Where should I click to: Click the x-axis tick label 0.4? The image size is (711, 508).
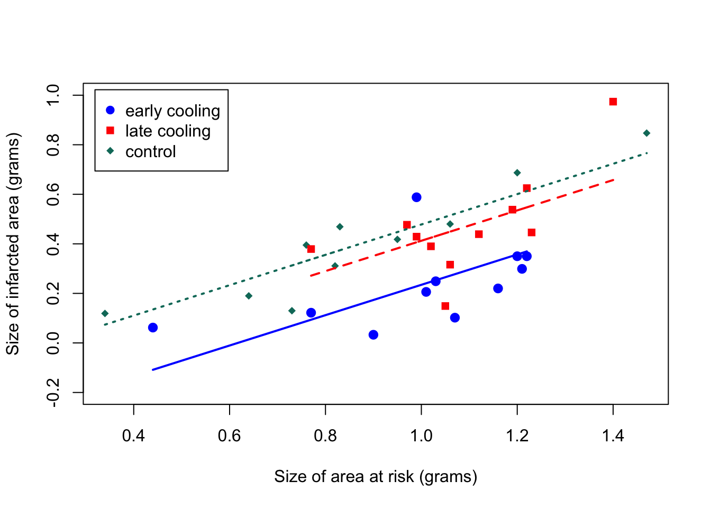pyautogui.click(x=133, y=436)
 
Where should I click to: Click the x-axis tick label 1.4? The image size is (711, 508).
pyautogui.click(x=613, y=436)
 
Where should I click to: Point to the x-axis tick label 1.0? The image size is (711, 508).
pyautogui.click(x=421, y=436)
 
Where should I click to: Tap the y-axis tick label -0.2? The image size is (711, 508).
pyautogui.click(x=53, y=393)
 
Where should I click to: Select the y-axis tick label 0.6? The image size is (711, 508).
pyautogui.click(x=53, y=194)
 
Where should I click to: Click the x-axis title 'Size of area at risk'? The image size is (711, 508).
pyautogui.click(x=375, y=477)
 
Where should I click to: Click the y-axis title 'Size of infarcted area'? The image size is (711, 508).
pyautogui.click(x=13, y=243)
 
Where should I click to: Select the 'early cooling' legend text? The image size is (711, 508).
pyautogui.click(x=172, y=111)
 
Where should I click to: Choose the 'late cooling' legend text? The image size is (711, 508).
pyautogui.click(x=168, y=131)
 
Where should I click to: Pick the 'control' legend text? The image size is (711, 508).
pyautogui.click(x=150, y=152)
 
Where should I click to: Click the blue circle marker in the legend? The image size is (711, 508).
pyautogui.click(x=110, y=110)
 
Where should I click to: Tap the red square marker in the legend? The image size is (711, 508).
pyautogui.click(x=110, y=130)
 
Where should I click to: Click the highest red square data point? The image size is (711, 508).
pyautogui.click(x=613, y=102)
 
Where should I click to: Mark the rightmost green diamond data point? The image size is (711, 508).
pyautogui.click(x=646, y=133)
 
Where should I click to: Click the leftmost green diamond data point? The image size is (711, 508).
pyautogui.click(x=105, y=314)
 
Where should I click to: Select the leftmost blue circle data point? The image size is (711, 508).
pyautogui.click(x=153, y=328)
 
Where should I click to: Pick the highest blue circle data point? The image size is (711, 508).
pyautogui.click(x=416, y=197)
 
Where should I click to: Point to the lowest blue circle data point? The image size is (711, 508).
pyautogui.click(x=373, y=335)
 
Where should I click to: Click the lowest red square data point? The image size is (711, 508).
pyautogui.click(x=445, y=306)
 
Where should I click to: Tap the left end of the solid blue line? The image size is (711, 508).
pyautogui.click(x=153, y=370)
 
